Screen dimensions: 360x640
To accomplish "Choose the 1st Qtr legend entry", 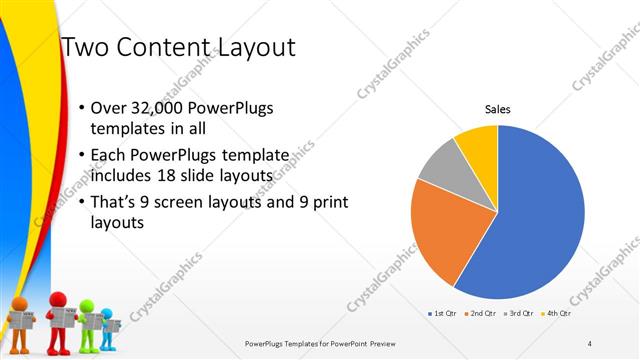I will tap(443, 314).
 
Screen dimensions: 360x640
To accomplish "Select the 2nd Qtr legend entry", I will tap(481, 314).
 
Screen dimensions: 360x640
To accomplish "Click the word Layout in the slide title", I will tap(250, 47).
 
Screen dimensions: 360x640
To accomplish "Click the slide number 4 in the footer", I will tap(590, 343).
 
